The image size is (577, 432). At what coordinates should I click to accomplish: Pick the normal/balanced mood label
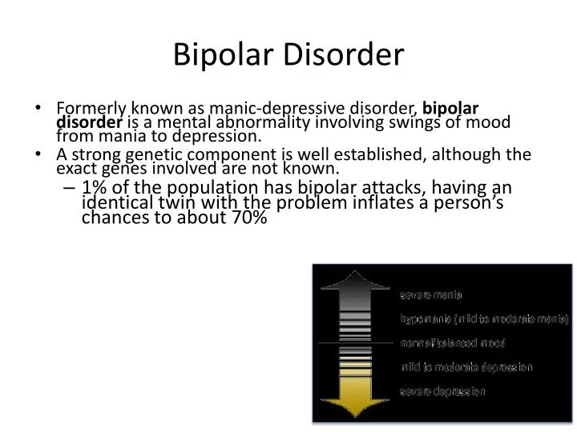pyautogui.click(x=453, y=343)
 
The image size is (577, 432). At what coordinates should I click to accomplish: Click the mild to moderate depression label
pyautogui.click(x=466, y=367)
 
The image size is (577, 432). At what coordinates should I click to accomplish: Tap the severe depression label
pyautogui.click(x=443, y=391)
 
